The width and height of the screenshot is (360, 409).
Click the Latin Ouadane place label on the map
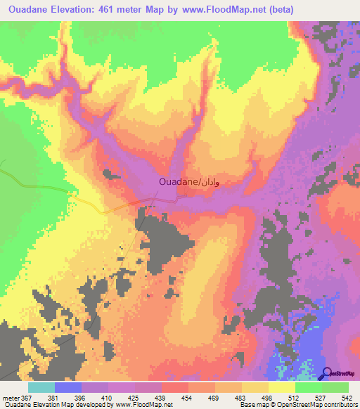click(x=177, y=182)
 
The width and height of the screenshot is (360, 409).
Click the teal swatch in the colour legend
click(x=41, y=387)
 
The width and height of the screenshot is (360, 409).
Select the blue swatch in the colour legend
click(x=68, y=387)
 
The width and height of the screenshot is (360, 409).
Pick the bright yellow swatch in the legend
click(x=282, y=387)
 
